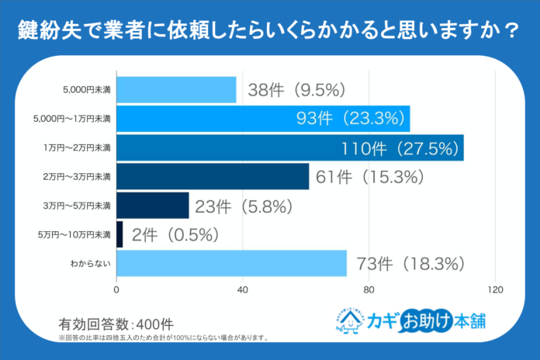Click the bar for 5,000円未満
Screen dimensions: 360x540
[176, 89]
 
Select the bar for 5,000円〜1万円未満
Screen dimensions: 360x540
[263, 119]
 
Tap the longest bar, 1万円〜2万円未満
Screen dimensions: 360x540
[289, 147]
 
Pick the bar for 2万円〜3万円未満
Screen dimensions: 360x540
[213, 177]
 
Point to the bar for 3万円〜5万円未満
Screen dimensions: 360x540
[153, 206]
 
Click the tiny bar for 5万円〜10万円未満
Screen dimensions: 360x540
[119, 234]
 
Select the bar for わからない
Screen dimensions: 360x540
[231, 264]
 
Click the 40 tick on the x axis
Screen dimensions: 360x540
[243, 290]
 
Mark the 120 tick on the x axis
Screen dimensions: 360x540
[495, 290]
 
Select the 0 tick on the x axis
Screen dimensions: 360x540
[116, 290]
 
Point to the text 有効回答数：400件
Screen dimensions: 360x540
[116, 323]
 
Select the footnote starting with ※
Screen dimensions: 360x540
[164, 338]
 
